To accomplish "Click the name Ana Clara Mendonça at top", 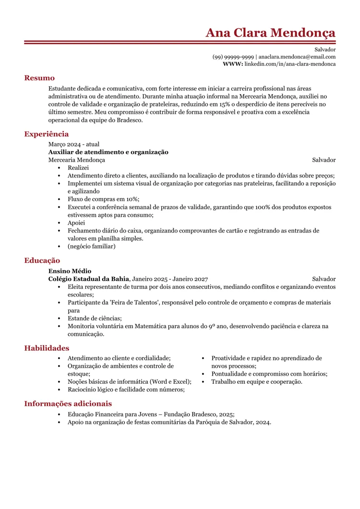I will click(x=270, y=33).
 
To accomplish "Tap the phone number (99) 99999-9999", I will click(x=233, y=57).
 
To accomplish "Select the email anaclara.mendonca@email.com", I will click(x=297, y=57).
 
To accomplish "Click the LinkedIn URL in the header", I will click(x=290, y=64).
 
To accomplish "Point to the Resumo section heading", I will click(x=39, y=78).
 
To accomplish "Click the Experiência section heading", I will click(x=47, y=134).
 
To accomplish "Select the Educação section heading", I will click(x=42, y=260).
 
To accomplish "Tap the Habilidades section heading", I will click(x=47, y=348).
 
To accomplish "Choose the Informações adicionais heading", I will click(x=68, y=403).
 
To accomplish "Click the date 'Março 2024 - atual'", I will click(x=74, y=144).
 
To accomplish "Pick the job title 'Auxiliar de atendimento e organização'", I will click(x=108, y=152).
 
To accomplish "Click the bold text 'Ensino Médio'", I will click(x=70, y=271).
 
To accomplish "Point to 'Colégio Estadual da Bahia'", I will click(x=89, y=279).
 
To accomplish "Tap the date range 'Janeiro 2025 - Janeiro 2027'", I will click(x=170, y=279).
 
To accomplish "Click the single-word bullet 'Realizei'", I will click(x=78, y=168).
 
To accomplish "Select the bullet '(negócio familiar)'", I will click(x=91, y=246).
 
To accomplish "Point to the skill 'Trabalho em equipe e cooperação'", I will click(x=257, y=382).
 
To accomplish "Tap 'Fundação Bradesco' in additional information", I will click(x=190, y=414).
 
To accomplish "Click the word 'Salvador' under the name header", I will click(x=325, y=49).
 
